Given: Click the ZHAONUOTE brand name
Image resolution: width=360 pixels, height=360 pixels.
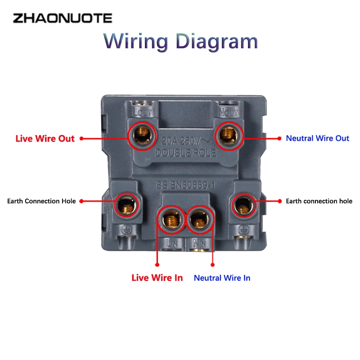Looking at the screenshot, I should (62, 18).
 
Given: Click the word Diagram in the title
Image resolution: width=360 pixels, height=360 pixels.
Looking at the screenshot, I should (216, 41).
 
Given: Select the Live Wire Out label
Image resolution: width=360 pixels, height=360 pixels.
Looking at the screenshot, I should (45, 139).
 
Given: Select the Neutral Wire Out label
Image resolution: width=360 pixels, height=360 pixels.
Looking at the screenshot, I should (317, 138).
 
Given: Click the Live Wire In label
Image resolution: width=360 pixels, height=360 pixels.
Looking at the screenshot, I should (157, 278).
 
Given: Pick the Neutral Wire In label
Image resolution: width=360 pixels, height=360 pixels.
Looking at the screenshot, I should (222, 278).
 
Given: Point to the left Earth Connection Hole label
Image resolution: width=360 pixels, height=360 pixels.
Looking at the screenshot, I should (41, 201).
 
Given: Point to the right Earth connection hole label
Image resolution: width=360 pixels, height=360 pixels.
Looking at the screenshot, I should (319, 201).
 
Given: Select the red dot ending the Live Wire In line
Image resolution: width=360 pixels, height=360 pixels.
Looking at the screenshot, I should (157, 265).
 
